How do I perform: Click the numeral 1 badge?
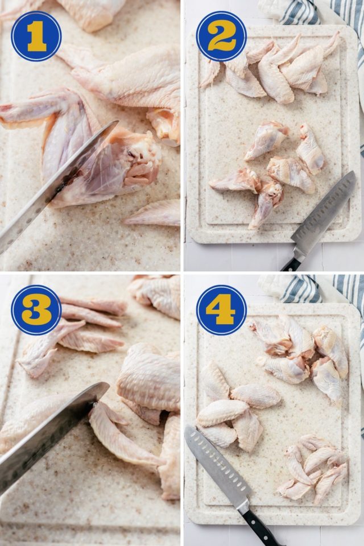(36, 36)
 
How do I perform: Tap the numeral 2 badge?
(221, 36)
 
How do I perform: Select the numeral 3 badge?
(36, 310)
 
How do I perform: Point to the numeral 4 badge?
(221, 310)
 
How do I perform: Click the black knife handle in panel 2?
(291, 264)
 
